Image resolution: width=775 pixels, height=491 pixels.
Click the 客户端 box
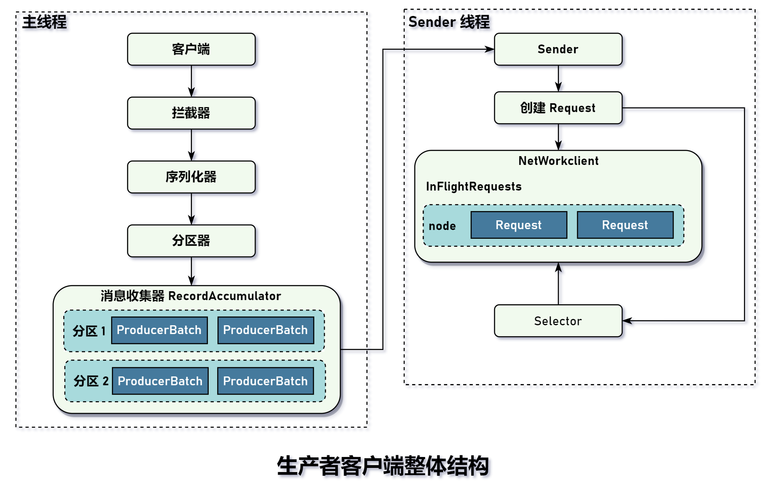click(x=191, y=49)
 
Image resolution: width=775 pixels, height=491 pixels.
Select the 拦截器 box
click(x=191, y=113)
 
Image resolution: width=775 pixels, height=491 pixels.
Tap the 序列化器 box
click(x=191, y=177)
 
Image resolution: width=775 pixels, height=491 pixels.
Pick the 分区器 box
click(x=191, y=240)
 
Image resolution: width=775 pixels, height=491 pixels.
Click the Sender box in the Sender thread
click(x=558, y=49)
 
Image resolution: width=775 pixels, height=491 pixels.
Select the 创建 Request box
click(x=558, y=108)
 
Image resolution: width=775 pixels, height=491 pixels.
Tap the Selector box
click(x=558, y=321)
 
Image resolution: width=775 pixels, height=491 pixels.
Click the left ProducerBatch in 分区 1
click(x=159, y=330)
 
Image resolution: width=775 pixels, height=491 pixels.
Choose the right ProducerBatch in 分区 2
click(x=265, y=381)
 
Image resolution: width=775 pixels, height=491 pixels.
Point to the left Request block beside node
click(x=518, y=225)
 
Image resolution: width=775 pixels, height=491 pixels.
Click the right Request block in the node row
click(x=625, y=225)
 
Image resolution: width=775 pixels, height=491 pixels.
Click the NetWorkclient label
click(x=558, y=161)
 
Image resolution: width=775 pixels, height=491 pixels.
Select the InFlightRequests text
click(x=474, y=186)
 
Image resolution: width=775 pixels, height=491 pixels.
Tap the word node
click(x=442, y=226)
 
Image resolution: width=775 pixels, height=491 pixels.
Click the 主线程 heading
click(x=44, y=22)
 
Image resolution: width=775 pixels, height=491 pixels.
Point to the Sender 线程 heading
click(x=449, y=22)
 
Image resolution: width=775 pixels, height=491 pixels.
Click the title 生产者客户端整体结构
click(x=383, y=466)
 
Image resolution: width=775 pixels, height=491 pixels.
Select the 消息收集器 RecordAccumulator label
click(x=191, y=296)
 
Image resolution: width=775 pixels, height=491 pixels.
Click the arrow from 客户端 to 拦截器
click(x=192, y=81)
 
